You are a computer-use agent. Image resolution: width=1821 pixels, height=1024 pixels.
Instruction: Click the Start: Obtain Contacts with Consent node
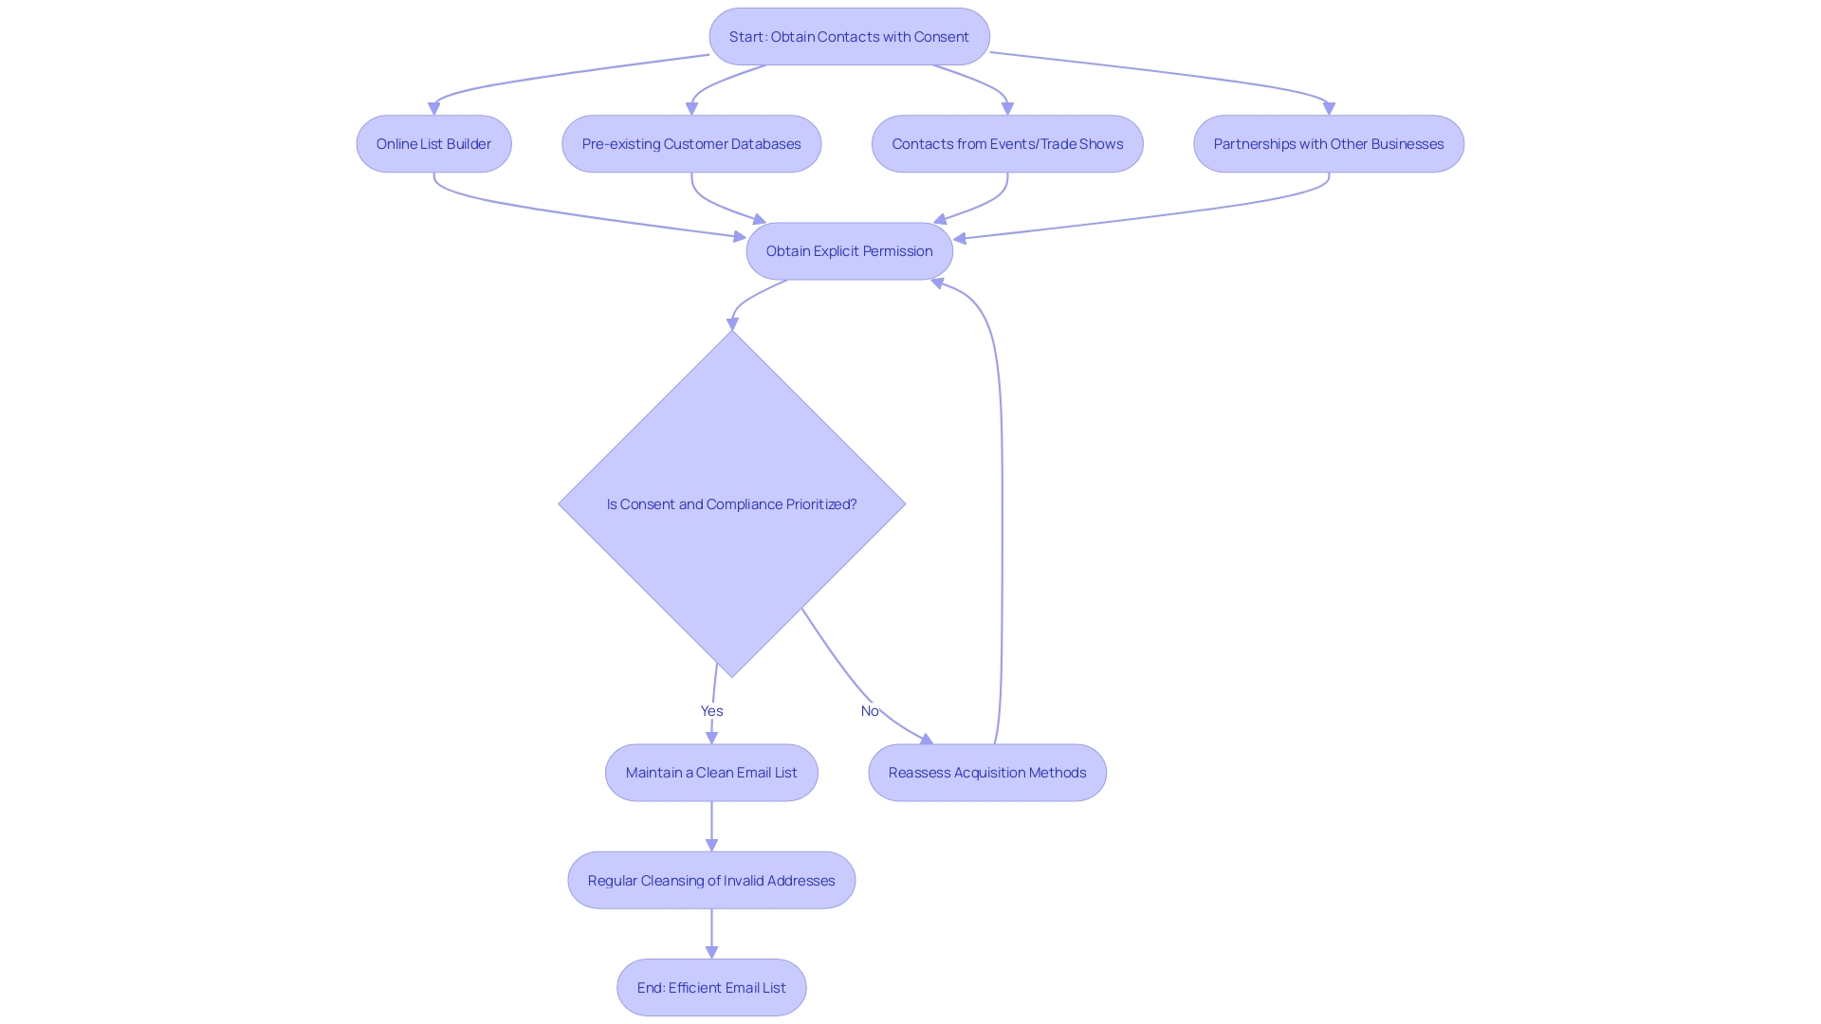(x=849, y=37)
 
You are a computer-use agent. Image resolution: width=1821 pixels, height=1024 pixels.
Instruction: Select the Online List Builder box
(x=433, y=144)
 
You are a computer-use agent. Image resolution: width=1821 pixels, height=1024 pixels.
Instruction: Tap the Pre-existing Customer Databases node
(x=691, y=144)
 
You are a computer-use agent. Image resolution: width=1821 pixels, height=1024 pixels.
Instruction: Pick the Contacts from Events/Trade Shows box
(x=1007, y=144)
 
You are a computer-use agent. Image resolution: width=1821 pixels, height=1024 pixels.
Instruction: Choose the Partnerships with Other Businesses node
(x=1328, y=144)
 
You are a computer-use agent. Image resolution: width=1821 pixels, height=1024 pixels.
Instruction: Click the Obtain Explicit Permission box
(x=849, y=251)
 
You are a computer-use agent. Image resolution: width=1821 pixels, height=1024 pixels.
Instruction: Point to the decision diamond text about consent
(x=731, y=504)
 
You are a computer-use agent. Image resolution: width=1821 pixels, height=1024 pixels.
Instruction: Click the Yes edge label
(x=711, y=711)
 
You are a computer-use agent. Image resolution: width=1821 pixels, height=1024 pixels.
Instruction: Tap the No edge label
(x=869, y=711)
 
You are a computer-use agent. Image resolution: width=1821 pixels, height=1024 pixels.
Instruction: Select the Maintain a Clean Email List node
(x=711, y=773)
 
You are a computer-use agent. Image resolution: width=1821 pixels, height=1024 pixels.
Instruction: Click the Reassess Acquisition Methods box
(x=986, y=773)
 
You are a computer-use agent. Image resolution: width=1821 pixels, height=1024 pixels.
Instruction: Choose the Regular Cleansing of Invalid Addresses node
(x=711, y=881)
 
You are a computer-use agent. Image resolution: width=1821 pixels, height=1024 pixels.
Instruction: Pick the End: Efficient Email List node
(x=711, y=988)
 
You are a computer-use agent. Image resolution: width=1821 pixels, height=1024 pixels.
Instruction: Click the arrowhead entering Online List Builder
(x=433, y=109)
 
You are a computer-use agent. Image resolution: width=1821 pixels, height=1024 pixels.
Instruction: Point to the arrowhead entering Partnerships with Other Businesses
(x=1329, y=109)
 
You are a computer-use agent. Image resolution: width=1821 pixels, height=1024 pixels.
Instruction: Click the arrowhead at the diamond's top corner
(x=732, y=324)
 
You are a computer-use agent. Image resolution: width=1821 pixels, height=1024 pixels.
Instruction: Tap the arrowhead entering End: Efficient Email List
(x=711, y=952)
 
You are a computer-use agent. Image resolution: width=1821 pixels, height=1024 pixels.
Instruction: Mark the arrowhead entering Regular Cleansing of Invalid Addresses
(x=711, y=845)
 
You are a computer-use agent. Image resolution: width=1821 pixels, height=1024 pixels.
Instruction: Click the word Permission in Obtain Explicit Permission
(x=897, y=251)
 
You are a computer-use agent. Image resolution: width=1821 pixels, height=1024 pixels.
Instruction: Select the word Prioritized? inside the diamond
(x=820, y=504)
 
